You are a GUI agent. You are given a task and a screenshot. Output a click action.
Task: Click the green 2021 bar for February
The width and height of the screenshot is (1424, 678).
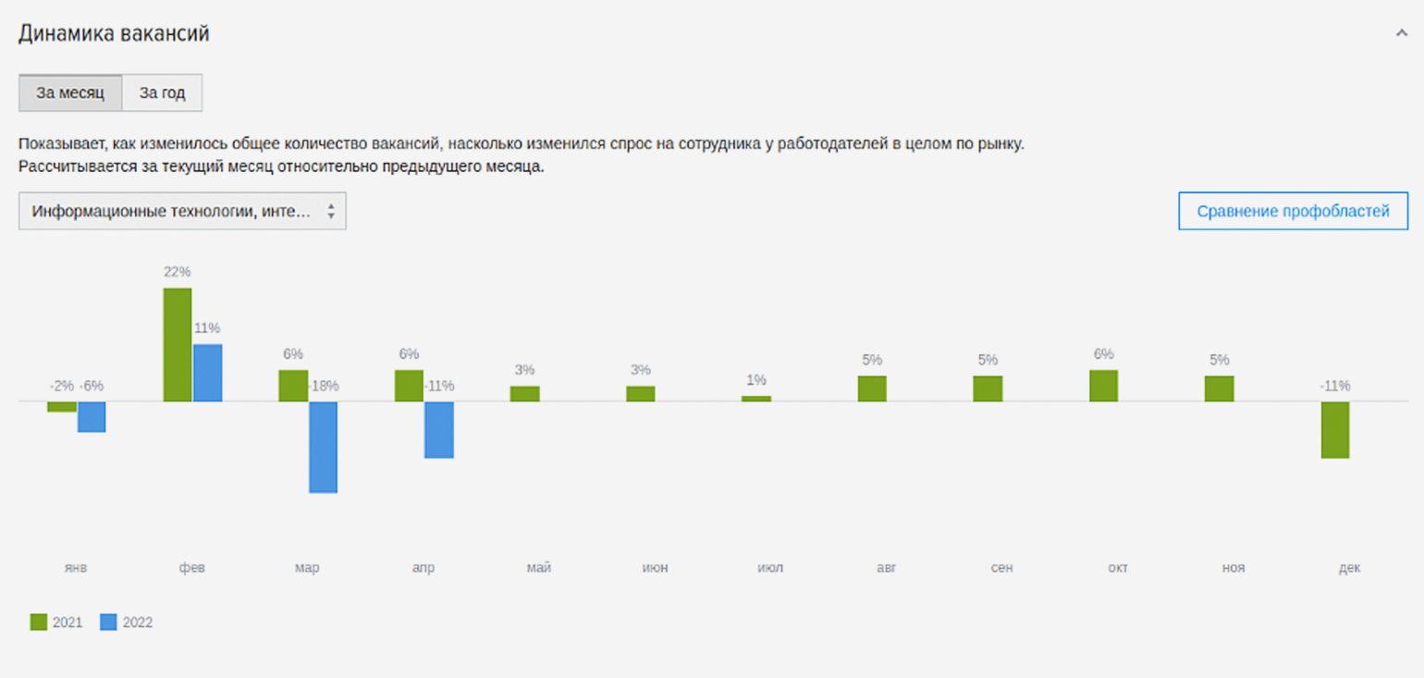[178, 344]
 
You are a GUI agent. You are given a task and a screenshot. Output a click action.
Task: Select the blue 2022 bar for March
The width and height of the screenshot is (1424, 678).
[323, 447]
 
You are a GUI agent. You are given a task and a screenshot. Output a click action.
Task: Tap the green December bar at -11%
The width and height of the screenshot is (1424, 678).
[1334, 429]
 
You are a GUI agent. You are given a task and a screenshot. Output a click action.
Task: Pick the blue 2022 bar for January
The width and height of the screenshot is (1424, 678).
[92, 416]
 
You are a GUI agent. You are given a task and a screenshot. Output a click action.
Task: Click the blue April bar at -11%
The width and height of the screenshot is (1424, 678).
[439, 429]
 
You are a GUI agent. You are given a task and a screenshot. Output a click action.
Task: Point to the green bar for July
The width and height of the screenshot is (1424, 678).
[756, 399]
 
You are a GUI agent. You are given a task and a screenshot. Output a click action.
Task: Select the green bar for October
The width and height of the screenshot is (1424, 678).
[1103, 386]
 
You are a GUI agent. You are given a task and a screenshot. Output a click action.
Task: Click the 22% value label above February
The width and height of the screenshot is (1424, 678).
[178, 272]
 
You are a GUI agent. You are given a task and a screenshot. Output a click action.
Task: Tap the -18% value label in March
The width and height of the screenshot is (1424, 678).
[323, 386]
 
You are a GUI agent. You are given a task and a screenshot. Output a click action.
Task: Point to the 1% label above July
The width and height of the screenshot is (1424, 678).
[756, 380]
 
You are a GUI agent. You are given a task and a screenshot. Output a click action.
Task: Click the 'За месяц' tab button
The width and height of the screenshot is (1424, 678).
[70, 93]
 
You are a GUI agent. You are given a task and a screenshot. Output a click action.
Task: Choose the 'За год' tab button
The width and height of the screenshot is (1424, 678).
[162, 93]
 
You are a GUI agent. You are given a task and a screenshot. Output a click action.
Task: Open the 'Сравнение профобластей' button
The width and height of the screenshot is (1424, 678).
[1293, 211]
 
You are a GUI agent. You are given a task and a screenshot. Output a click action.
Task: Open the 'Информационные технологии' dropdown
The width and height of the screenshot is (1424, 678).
[182, 211]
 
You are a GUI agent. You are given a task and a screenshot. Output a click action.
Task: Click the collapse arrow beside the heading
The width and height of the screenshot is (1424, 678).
[1401, 33]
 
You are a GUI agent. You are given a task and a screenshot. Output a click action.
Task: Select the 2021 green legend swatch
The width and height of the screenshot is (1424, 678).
[38, 623]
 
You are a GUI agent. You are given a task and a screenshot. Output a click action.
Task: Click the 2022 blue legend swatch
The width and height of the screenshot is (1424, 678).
[108, 623]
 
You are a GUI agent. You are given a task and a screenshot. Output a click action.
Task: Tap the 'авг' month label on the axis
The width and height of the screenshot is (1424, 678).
[886, 568]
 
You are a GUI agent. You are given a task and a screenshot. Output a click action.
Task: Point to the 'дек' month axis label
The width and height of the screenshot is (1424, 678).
[1349, 568]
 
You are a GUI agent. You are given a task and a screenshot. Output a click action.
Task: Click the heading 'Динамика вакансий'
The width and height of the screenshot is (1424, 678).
[114, 34]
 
